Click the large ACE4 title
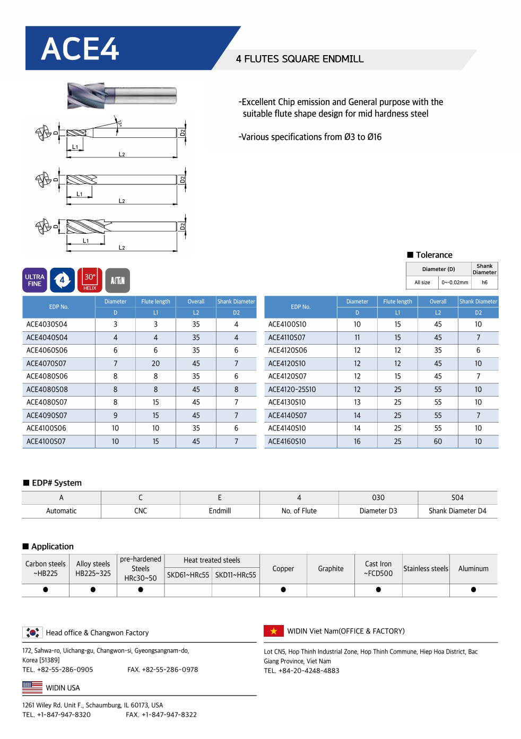coord(80,49)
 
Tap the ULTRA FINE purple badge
coord(34,280)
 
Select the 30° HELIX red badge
coord(90,280)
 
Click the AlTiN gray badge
coord(117,280)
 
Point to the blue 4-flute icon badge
coord(62,280)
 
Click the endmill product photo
coord(121,95)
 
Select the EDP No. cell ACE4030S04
coord(47,324)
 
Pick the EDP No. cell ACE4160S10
coord(287,442)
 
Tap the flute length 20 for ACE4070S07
coord(155,364)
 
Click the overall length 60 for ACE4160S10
coord(438,442)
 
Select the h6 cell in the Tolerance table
coord(484,283)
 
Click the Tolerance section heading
coord(433,255)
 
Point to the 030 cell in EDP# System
coord(378,498)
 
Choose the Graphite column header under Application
coord(331,569)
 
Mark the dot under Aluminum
coord(473,590)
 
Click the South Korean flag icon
coord(33,632)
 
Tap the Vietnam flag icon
coord(274,631)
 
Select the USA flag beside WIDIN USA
coord(32,688)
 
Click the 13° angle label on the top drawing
coord(120,124)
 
